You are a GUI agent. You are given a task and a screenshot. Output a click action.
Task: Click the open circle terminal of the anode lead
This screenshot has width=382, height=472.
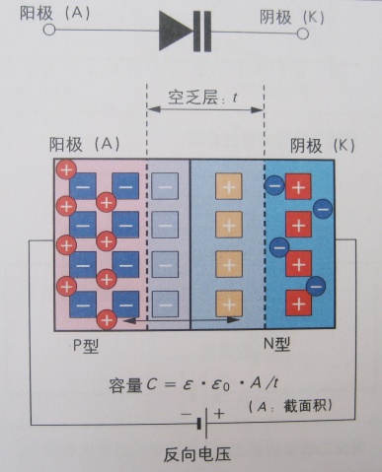tap(49, 30)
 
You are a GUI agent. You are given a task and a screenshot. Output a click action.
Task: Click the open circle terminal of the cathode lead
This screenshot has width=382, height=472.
tap(303, 34)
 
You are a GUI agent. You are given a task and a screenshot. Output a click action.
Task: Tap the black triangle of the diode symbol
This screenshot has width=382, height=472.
tap(176, 31)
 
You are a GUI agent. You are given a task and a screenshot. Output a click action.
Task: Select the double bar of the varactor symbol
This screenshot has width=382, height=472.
tap(202, 32)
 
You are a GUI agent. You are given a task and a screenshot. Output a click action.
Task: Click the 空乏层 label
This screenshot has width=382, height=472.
tap(188, 98)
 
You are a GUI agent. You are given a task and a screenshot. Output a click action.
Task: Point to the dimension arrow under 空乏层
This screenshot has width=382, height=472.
tap(205, 109)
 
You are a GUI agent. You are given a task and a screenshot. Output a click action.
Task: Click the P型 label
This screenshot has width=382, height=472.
tap(86, 346)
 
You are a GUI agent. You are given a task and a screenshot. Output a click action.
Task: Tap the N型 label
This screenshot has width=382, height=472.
tap(276, 344)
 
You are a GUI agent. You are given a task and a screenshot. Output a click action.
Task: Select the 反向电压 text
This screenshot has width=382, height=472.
tap(196, 454)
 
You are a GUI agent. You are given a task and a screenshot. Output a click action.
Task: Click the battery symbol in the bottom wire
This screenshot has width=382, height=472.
tap(202, 424)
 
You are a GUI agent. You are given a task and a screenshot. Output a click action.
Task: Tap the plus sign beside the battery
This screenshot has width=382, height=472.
tap(219, 414)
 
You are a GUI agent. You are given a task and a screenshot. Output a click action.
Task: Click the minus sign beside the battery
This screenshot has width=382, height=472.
tap(186, 415)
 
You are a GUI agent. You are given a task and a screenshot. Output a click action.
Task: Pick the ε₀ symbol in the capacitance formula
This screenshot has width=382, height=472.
tap(220, 384)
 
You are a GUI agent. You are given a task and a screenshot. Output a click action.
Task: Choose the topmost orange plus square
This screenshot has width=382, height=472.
tap(229, 186)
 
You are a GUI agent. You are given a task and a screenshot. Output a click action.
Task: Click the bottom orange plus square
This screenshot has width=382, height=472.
tap(229, 303)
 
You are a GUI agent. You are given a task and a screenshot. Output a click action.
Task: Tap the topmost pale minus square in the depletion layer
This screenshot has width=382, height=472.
tap(165, 186)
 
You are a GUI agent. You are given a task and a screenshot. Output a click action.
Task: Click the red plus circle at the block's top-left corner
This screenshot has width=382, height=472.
tap(66, 169)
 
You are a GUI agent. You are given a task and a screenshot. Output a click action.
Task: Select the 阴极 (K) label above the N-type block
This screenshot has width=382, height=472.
tap(323, 146)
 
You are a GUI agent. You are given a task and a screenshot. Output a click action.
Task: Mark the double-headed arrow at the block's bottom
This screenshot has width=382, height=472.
tap(181, 319)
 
